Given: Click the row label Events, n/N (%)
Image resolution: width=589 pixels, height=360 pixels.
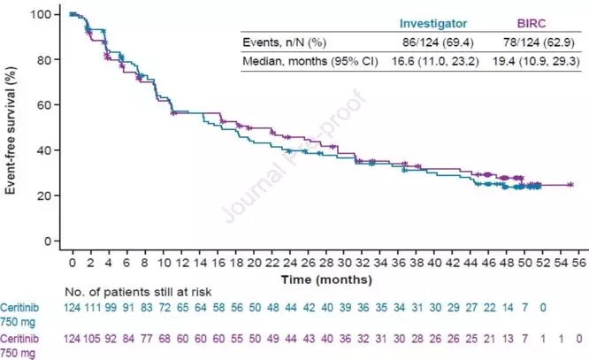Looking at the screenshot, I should point(284,42).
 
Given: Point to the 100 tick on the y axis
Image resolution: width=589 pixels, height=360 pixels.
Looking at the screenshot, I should point(42,14).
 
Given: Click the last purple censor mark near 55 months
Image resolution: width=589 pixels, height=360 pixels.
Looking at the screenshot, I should point(570,185).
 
